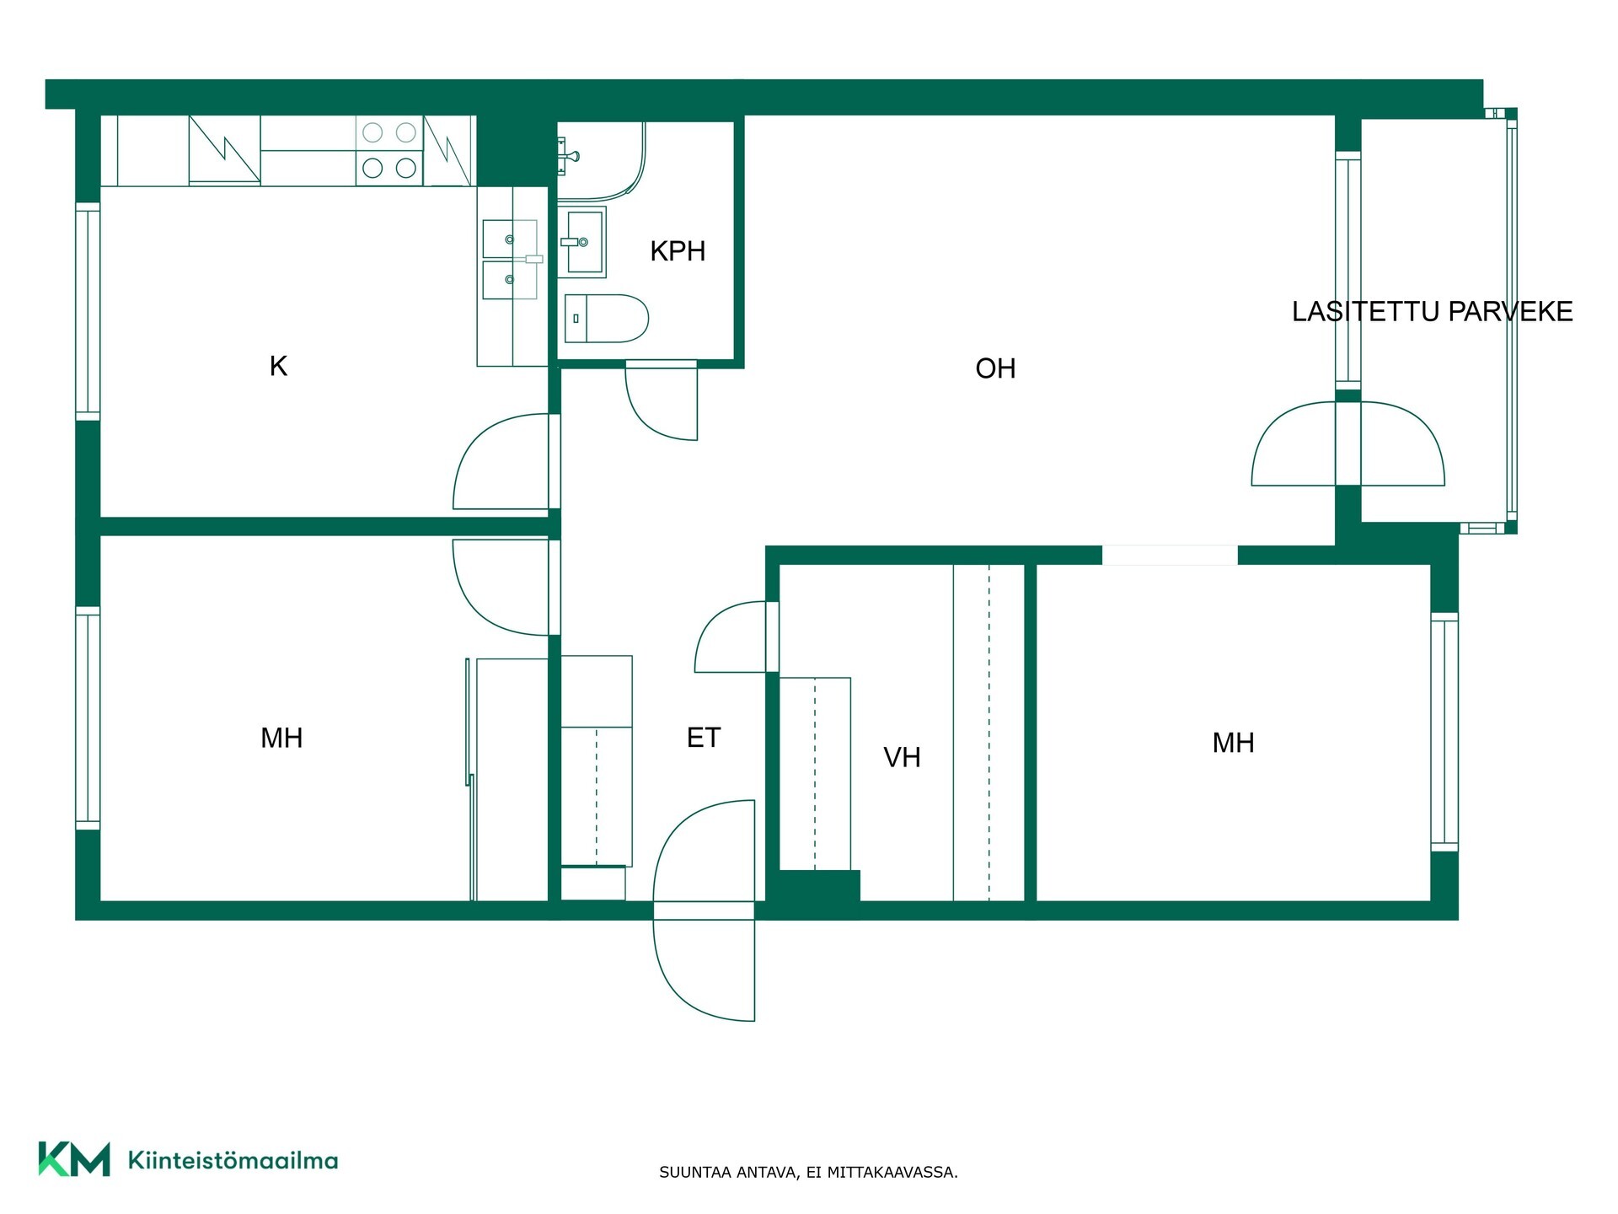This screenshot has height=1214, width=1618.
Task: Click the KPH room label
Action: coord(678,251)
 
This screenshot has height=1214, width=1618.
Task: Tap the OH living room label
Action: coord(995,368)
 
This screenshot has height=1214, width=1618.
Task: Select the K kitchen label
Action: coord(278,366)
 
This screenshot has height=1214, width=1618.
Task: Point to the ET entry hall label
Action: coord(704,738)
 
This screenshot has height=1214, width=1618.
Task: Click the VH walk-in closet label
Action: coord(902,757)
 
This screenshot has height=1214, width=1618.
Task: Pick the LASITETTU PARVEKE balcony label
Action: coord(1433,311)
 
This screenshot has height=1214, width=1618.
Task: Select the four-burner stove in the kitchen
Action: coord(389,150)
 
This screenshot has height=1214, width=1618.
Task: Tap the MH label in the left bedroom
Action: coord(281,738)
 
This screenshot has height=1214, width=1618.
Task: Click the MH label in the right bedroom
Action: coord(1233,743)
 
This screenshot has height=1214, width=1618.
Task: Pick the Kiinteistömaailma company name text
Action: coord(233,1160)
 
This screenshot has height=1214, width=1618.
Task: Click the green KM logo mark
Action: coord(74,1159)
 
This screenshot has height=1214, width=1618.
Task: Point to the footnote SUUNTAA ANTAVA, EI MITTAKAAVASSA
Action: coord(808,1172)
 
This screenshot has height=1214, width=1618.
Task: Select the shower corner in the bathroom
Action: coord(602,161)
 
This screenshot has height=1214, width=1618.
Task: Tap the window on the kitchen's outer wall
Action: coord(88,311)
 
